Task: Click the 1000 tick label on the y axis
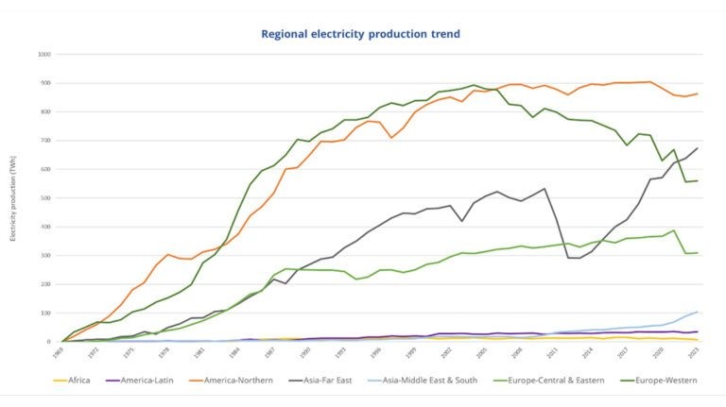click(x=43, y=54)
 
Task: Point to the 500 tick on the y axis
click(x=45, y=198)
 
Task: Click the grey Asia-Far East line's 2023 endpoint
click(x=698, y=147)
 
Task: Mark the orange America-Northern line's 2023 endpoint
click(x=698, y=93)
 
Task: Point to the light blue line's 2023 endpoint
click(x=698, y=312)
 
